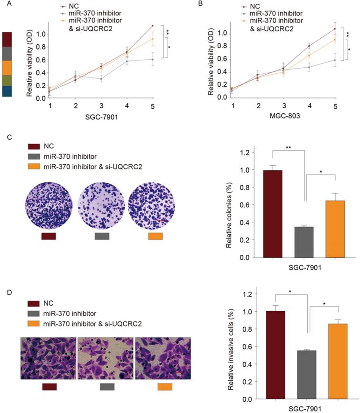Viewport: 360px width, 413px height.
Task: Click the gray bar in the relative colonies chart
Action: point(304,242)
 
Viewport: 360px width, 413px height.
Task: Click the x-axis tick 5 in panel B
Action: point(335,107)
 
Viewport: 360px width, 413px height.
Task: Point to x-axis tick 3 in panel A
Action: point(101,106)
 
